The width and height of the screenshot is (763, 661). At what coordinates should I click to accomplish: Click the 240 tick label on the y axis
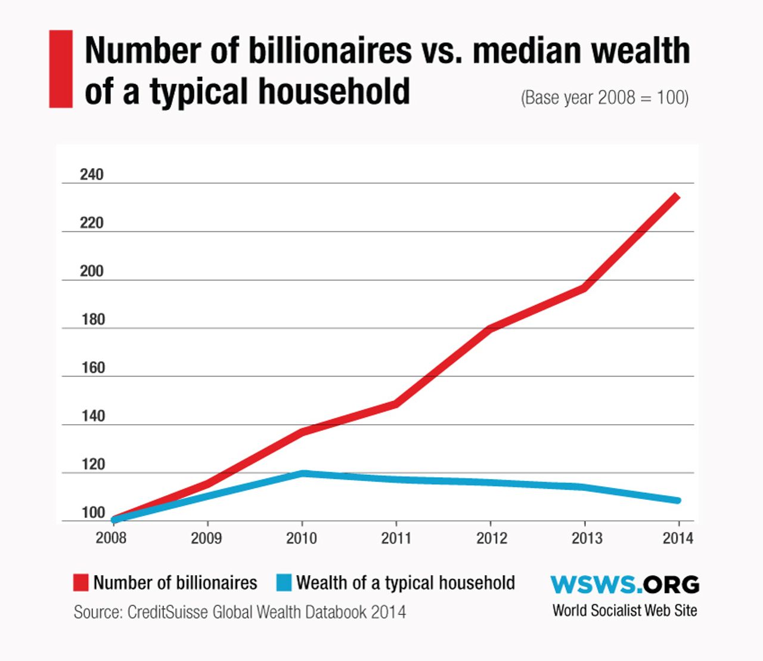coord(92,174)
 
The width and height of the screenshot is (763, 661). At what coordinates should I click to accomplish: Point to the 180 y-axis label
coord(92,319)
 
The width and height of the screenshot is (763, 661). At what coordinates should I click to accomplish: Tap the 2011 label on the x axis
coord(396,538)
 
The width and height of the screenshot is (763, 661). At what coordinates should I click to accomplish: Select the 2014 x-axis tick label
coord(678,538)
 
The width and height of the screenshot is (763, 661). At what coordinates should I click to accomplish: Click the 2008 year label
coord(111,538)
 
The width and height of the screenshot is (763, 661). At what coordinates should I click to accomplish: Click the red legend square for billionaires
coord(80,582)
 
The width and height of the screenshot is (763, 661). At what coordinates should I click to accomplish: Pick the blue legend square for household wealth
coord(284,582)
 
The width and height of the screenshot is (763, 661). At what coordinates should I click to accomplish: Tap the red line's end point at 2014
coord(677,196)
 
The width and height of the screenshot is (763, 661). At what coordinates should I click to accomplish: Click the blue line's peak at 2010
coord(303,474)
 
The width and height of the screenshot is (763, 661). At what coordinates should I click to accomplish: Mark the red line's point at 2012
coord(490,328)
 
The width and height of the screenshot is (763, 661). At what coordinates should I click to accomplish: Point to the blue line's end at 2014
coord(677,500)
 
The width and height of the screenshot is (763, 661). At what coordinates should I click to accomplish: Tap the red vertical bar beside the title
coord(61,69)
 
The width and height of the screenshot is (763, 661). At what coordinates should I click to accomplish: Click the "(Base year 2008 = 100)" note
coord(604,97)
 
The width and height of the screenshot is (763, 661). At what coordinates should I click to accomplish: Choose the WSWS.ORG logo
coord(624,585)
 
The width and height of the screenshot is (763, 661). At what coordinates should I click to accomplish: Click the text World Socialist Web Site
coord(624,610)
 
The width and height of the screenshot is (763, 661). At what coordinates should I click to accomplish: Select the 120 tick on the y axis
coord(92,464)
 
